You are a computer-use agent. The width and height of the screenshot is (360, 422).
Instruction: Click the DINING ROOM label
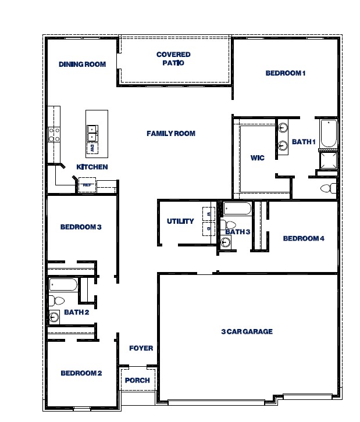coord(82,64)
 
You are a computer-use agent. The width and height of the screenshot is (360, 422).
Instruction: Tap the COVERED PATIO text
coord(173,59)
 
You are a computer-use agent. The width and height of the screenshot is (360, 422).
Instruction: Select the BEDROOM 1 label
coord(285,73)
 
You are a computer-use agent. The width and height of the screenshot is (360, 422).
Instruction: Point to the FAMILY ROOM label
coord(170,134)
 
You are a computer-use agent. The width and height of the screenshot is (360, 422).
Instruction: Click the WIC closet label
coord(257,158)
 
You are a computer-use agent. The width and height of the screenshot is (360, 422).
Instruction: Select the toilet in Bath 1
coord(329,188)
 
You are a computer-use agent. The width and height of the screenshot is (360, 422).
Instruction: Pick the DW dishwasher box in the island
coord(92,148)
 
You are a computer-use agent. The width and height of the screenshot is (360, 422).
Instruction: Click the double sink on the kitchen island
coord(92,133)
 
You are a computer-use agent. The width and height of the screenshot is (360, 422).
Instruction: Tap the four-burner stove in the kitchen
coord(54,135)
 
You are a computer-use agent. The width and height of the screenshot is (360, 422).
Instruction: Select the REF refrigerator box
coord(87,185)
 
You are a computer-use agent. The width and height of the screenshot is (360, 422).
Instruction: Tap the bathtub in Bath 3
coord(237,209)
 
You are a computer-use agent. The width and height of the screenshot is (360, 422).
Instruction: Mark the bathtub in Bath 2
coord(63,284)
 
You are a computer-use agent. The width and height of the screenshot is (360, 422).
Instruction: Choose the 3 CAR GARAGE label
coord(247,331)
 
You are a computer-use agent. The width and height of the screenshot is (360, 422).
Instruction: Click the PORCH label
coord(137,380)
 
